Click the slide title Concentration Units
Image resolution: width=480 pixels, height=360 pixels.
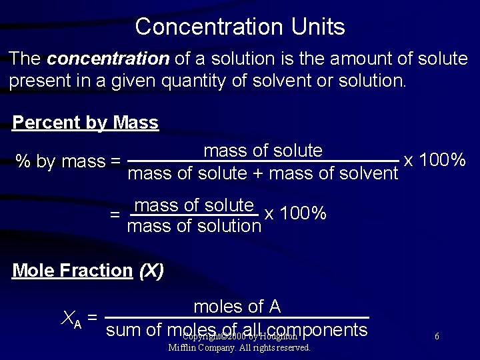(x=240, y=27)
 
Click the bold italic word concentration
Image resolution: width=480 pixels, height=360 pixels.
(x=109, y=59)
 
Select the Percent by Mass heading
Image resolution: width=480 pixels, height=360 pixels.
(x=85, y=123)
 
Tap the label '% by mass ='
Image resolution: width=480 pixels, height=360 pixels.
(x=69, y=161)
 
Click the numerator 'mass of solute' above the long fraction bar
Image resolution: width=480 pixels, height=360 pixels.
(x=263, y=151)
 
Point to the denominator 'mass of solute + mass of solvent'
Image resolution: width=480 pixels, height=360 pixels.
(x=263, y=174)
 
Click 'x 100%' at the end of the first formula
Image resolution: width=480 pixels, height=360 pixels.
(x=435, y=161)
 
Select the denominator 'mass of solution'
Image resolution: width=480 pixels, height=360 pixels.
(x=193, y=226)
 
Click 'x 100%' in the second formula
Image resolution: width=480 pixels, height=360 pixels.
(x=295, y=214)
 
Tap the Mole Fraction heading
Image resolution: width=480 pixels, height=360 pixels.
(x=73, y=271)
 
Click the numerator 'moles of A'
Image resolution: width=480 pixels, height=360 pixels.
(x=237, y=307)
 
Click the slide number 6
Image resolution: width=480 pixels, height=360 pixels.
(x=437, y=337)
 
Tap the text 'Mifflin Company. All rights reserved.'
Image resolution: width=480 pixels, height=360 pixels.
(x=239, y=347)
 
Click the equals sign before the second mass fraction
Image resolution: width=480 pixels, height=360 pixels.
(x=115, y=215)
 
